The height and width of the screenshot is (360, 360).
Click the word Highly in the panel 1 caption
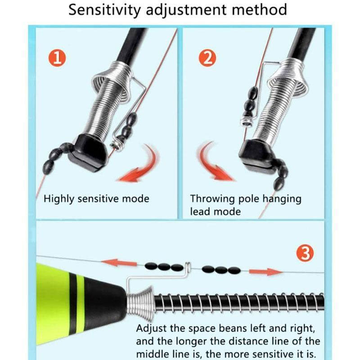[x=57, y=198]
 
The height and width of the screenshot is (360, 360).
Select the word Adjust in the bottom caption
[x=151, y=328]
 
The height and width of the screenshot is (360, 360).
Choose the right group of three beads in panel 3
[x=220, y=270]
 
